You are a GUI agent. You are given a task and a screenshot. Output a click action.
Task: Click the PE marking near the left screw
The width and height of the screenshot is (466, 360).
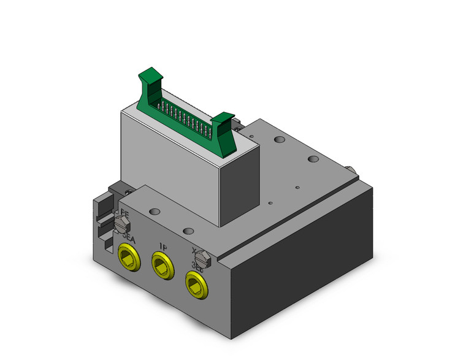point(124,214)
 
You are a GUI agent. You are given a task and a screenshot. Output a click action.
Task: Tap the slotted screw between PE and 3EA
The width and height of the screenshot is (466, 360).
point(120,223)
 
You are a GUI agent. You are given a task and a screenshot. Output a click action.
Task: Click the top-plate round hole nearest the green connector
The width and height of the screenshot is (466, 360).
point(280,142)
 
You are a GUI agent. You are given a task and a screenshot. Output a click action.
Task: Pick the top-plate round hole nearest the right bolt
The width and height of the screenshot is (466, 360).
point(313,159)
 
